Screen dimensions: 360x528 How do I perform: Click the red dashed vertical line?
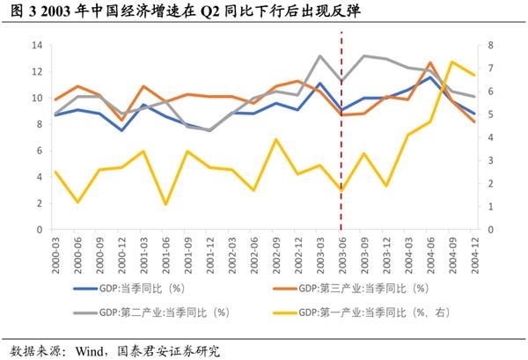[341, 132]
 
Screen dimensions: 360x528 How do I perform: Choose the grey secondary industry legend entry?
[163, 312]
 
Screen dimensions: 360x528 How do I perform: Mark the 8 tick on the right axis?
[489, 45]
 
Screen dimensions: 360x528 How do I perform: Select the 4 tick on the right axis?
[489, 137]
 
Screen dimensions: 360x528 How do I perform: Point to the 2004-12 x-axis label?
[473, 251]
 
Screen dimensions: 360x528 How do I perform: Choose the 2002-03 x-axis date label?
[232, 251]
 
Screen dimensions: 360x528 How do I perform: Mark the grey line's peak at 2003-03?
[320, 55]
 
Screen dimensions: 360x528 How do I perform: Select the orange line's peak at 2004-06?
[430, 62]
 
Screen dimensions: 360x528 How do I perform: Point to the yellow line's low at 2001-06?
[166, 204]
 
